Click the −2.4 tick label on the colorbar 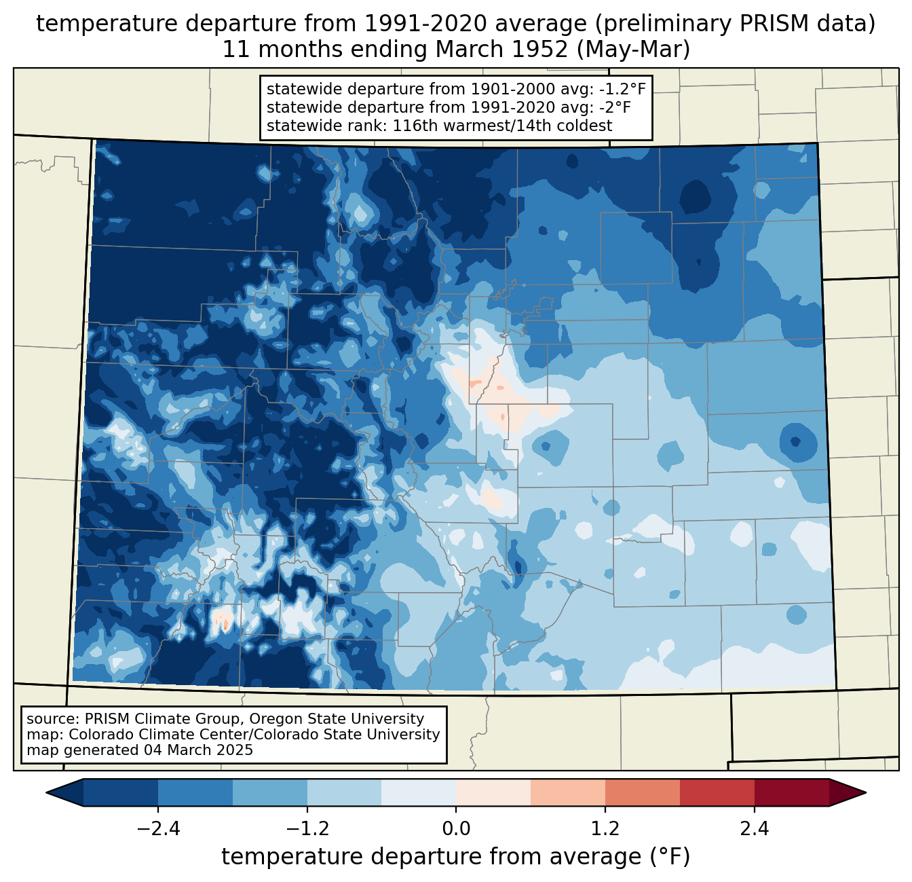[158, 828]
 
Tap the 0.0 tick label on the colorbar [456, 828]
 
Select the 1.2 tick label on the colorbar [605, 828]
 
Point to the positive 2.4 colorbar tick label [754, 828]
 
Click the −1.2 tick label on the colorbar [307, 828]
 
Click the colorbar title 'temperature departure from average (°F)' [455, 856]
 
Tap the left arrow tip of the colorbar [46, 793]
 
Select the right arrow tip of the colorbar [866, 793]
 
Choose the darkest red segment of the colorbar [792, 793]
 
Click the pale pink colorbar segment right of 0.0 [493, 793]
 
